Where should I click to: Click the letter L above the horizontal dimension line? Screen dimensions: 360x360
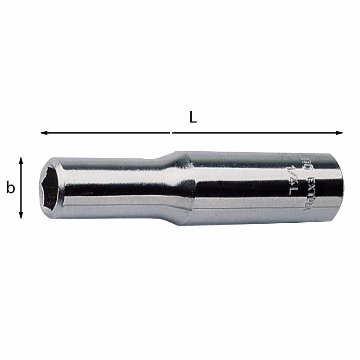[x=193, y=118]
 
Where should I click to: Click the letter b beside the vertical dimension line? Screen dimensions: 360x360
[x=10, y=188]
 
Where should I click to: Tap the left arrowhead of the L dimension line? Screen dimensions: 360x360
[x=43, y=133]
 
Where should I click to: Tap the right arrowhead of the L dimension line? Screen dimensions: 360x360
[x=340, y=133]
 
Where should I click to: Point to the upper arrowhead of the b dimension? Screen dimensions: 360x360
[x=21, y=160]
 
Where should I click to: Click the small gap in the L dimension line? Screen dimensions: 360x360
[x=171, y=133]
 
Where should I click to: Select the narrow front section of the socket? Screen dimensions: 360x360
[x=112, y=189]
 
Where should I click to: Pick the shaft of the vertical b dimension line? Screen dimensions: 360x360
[x=21, y=188]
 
